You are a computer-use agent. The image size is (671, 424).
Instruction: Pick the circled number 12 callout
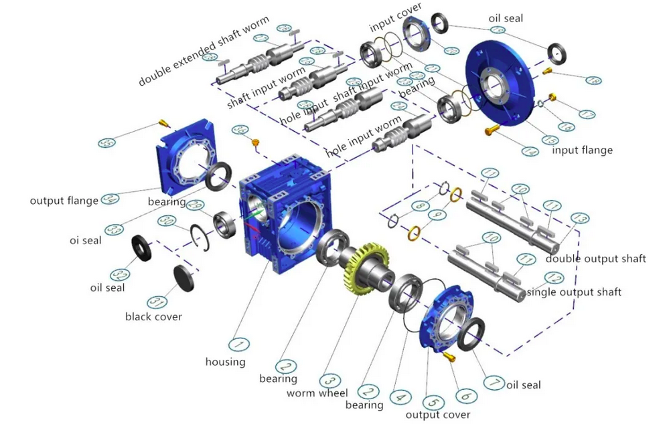(x=553, y=278)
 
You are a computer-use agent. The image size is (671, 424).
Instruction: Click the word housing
(x=225, y=362)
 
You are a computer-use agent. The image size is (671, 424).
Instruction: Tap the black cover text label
(x=153, y=316)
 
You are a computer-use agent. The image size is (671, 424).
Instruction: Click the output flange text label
(x=64, y=200)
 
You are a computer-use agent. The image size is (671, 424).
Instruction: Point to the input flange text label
(x=582, y=150)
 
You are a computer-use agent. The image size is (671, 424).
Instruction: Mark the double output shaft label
(x=596, y=258)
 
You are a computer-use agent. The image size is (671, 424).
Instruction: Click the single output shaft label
(x=574, y=292)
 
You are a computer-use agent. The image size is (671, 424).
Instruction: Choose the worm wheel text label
(x=317, y=393)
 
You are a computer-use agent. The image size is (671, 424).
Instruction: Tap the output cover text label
(x=438, y=415)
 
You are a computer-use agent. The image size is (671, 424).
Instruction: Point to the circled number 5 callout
(x=433, y=403)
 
